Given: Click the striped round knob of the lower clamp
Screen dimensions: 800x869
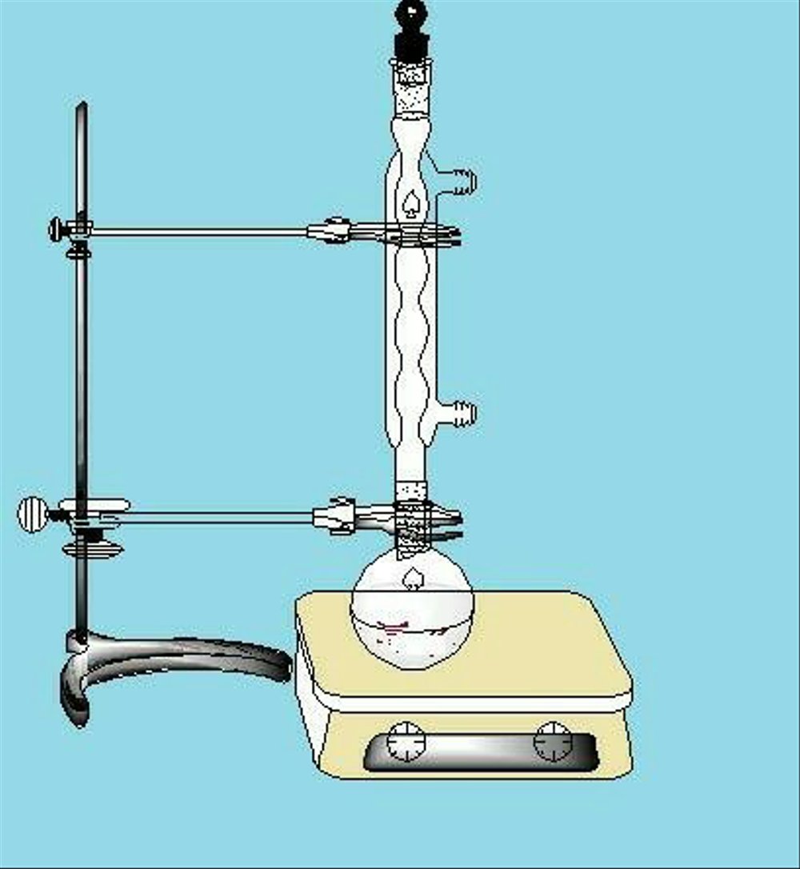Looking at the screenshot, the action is tap(33, 514).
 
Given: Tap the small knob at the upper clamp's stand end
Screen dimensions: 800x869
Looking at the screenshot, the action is tap(58, 230).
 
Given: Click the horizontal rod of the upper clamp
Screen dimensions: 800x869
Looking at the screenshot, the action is tap(200, 233).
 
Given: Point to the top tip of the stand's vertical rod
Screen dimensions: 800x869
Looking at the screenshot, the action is tap(82, 107).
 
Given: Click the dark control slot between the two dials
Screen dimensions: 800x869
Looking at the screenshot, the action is tap(480, 752).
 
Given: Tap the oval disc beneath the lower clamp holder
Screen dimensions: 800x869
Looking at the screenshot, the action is tap(93, 550).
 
